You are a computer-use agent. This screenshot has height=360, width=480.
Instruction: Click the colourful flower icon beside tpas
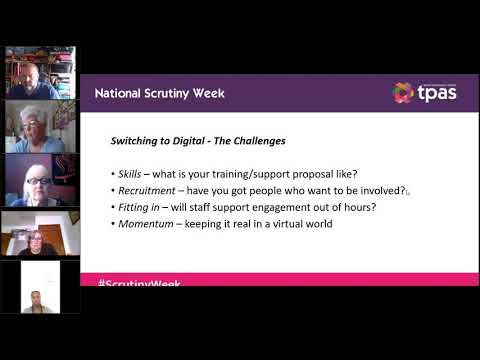coord(403,93)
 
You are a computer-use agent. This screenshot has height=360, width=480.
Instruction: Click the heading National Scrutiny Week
coord(160,93)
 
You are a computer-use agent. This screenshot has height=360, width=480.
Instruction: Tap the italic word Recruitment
coord(147,190)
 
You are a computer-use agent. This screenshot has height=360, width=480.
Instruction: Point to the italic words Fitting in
coord(139,206)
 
